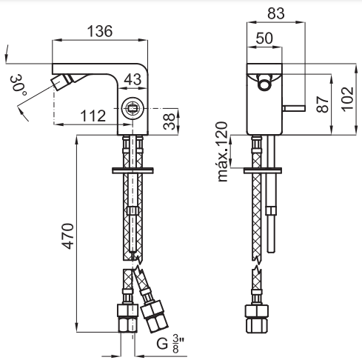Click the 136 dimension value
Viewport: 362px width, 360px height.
click(x=100, y=31)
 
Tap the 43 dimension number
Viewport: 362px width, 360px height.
click(x=133, y=79)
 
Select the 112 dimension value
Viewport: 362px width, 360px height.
click(x=93, y=116)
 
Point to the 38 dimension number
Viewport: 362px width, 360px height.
click(x=170, y=121)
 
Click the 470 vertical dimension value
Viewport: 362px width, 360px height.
click(x=68, y=236)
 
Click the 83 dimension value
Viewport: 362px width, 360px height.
click(x=276, y=13)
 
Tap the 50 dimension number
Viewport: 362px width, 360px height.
click(x=264, y=39)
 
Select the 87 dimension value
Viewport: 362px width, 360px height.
click(x=323, y=104)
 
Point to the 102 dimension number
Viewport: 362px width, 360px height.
click(x=348, y=99)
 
